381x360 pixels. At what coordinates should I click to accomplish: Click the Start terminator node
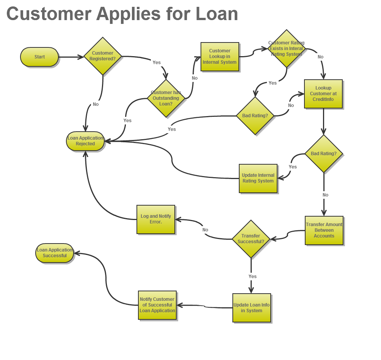pyautogui.click(x=39, y=57)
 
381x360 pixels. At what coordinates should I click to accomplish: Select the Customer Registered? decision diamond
pyautogui.click(x=102, y=56)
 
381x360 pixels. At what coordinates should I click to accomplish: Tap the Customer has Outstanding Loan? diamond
pyautogui.click(x=166, y=98)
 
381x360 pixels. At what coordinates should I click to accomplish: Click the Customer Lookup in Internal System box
pyautogui.click(x=220, y=57)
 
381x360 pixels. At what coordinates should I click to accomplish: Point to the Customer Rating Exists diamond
pyautogui.click(x=286, y=49)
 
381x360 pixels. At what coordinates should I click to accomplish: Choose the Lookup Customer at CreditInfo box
pyautogui.click(x=323, y=94)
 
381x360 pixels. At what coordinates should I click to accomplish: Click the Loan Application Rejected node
pyautogui.click(x=85, y=141)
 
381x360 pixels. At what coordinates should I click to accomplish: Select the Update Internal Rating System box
pyautogui.click(x=258, y=178)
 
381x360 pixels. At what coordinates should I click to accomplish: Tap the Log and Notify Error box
pyautogui.click(x=155, y=219)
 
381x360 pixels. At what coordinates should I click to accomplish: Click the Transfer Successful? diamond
pyautogui.click(x=251, y=239)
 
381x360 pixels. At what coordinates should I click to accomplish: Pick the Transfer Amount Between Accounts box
pyautogui.click(x=324, y=230)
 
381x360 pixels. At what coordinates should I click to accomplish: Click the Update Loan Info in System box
pyautogui.click(x=251, y=308)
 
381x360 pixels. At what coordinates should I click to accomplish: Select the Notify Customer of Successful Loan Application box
pyautogui.click(x=157, y=305)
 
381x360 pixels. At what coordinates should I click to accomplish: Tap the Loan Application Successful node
pyautogui.click(x=55, y=253)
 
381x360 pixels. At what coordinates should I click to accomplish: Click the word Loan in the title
pyautogui.click(x=217, y=14)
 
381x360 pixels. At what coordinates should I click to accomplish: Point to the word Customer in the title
pyautogui.click(x=49, y=14)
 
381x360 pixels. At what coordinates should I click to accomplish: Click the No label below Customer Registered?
pyautogui.click(x=96, y=104)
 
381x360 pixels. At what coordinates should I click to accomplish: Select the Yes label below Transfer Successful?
pyautogui.click(x=252, y=277)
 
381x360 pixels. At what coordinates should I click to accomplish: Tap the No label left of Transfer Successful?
pyautogui.click(x=205, y=230)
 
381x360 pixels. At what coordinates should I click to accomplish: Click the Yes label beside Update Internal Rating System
pyautogui.click(x=293, y=167)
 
